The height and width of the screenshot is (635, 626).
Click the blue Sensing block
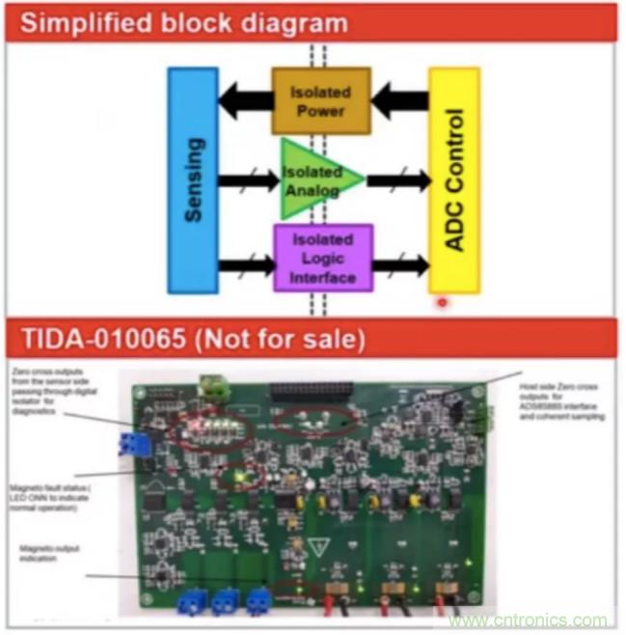coord(192,179)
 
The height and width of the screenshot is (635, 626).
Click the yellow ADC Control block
coord(453,179)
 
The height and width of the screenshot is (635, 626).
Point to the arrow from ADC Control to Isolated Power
coord(399,98)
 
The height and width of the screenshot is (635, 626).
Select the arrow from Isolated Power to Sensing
coord(244,98)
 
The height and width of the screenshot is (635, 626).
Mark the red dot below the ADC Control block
coord(442,302)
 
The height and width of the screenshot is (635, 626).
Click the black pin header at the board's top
coord(318,391)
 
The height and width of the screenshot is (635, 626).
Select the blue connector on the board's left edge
coord(128,445)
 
